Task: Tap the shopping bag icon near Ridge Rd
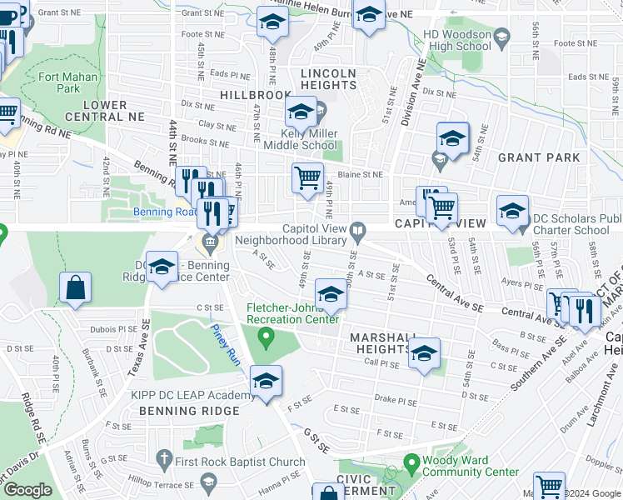[75, 287]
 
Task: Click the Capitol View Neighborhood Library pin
[357, 229]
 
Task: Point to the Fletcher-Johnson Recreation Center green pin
[267, 337]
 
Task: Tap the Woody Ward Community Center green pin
[411, 461]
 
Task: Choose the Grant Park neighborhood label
[537, 157]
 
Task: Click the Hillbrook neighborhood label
[256, 96]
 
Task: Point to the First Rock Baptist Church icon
[163, 461]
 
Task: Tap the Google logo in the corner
[28, 490]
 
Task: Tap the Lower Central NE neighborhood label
[94, 110]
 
